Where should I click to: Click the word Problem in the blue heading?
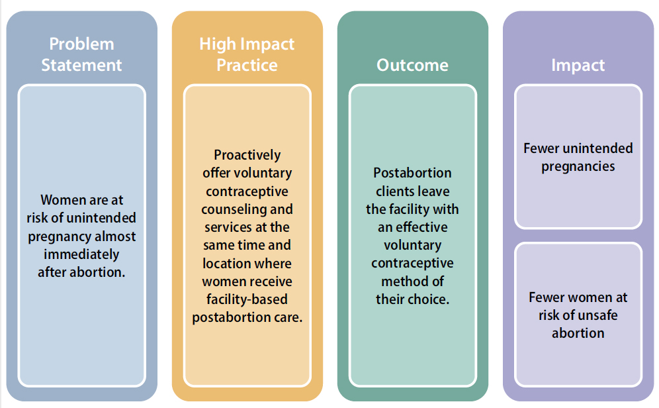pos(81,44)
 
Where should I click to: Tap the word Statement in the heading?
pos(81,65)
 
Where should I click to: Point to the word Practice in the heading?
pos(247,65)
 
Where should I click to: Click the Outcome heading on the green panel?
pos(412,65)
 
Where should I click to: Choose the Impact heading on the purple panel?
pos(578,65)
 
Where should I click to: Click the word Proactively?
pos(247,155)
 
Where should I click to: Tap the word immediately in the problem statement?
pos(81,254)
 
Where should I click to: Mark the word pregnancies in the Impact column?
pos(578,166)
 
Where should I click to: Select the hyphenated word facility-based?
pos(247,299)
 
